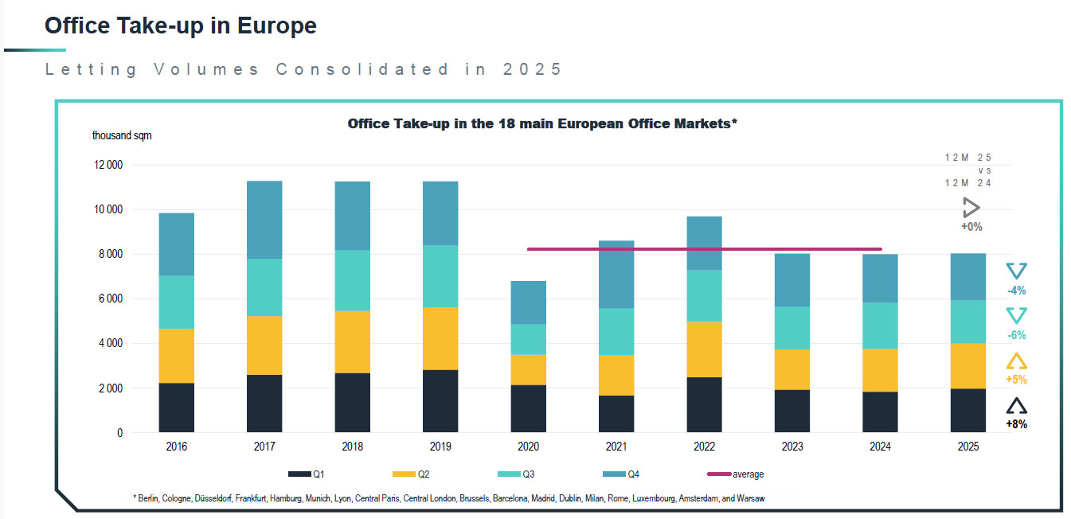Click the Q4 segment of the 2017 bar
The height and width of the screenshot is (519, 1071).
click(264, 220)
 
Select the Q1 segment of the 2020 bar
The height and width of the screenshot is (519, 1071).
click(527, 409)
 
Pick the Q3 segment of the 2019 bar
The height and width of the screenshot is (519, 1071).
click(440, 276)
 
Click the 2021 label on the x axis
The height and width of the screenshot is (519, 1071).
click(615, 447)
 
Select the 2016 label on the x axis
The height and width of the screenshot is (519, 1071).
click(176, 447)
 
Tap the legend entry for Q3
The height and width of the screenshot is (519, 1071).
click(522, 474)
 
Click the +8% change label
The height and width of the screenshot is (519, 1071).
click(1016, 424)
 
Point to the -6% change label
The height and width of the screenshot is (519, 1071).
click(1016, 335)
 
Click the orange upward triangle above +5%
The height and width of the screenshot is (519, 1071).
click(1016, 361)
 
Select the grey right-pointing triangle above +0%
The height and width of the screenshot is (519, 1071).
click(971, 209)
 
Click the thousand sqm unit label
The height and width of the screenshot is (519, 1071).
click(122, 135)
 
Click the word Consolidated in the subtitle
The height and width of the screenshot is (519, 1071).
click(362, 69)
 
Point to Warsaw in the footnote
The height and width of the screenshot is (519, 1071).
click(750, 498)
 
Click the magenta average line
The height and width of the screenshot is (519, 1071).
click(704, 248)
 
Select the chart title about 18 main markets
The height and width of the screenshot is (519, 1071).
click(542, 124)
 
